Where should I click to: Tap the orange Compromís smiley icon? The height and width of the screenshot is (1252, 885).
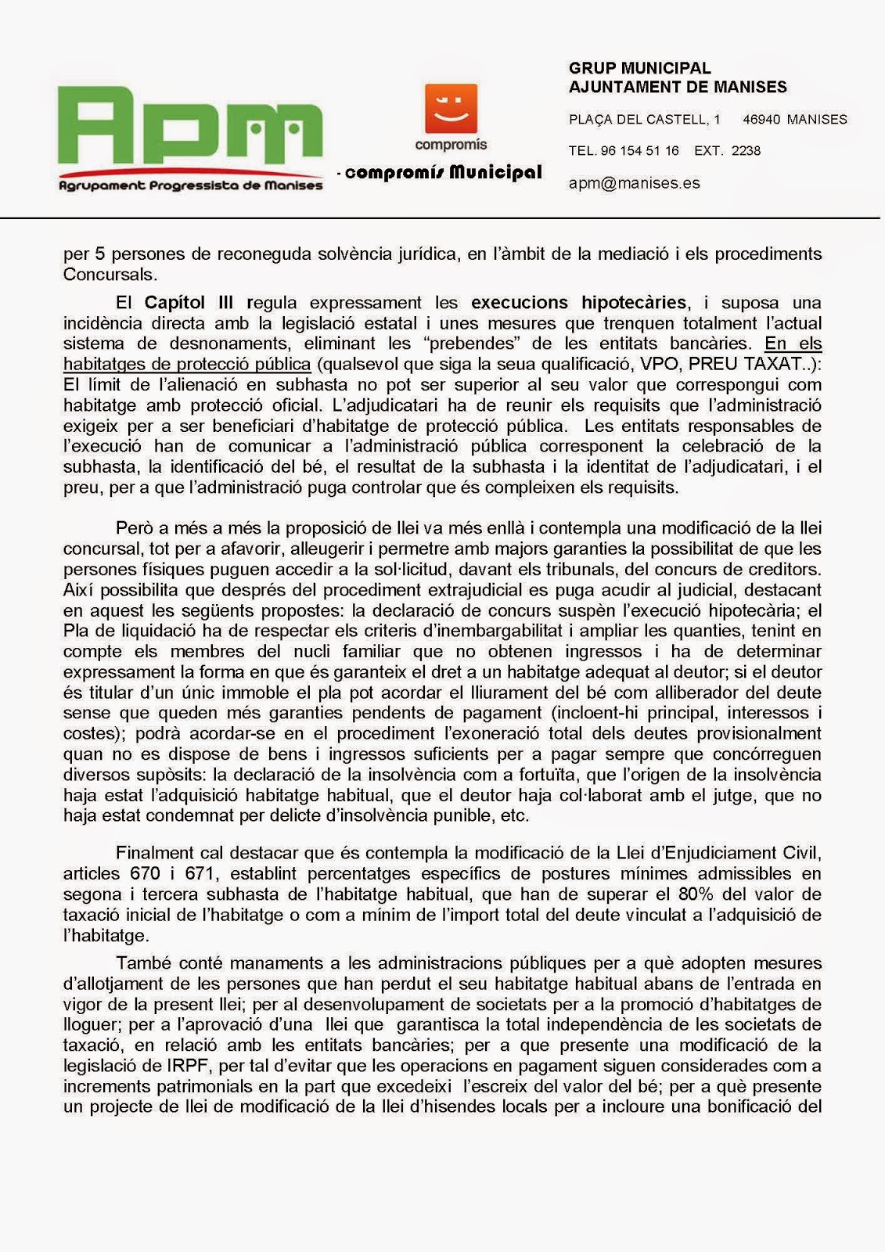(x=451, y=109)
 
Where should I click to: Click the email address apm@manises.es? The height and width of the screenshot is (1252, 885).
(x=634, y=183)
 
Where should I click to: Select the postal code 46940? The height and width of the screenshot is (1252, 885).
(x=761, y=120)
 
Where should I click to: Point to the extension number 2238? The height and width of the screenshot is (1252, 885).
(x=746, y=150)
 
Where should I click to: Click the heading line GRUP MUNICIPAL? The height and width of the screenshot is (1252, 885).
(x=639, y=69)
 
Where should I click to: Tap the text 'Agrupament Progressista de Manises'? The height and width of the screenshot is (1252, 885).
(x=191, y=185)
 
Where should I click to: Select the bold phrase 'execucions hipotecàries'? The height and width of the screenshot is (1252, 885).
(x=578, y=303)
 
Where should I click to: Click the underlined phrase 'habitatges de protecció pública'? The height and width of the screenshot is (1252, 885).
(x=187, y=364)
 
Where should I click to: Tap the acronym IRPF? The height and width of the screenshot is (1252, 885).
(x=188, y=1066)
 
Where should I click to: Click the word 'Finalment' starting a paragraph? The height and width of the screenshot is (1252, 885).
(x=153, y=853)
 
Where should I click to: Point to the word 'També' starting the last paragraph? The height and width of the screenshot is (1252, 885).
(x=141, y=963)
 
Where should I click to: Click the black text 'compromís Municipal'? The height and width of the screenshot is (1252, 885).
(x=443, y=172)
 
